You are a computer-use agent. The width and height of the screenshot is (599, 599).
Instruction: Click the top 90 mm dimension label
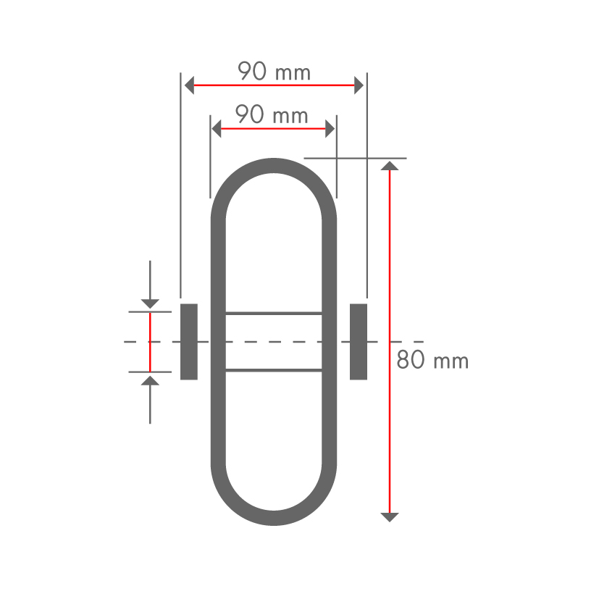(274, 71)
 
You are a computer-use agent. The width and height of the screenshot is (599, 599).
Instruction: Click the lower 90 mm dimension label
(271, 114)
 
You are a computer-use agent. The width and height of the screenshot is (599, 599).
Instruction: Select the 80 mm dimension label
(432, 360)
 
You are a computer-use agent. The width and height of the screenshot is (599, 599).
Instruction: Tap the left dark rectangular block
(189, 342)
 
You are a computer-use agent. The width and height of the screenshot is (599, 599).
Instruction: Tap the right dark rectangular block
(359, 342)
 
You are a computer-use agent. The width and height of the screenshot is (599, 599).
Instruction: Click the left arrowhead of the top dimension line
(189, 85)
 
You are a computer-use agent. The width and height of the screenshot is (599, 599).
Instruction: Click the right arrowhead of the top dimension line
(359, 85)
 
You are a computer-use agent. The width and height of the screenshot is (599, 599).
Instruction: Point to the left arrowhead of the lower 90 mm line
(217, 129)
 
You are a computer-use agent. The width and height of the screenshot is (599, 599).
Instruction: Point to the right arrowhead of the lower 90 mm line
(330, 129)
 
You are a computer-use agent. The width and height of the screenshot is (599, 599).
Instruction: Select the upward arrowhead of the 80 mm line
(390, 165)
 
